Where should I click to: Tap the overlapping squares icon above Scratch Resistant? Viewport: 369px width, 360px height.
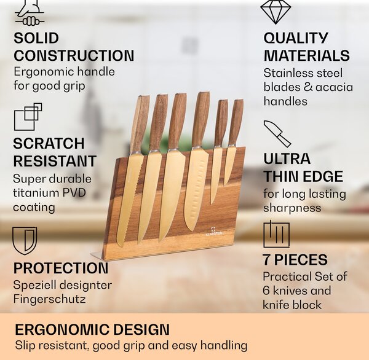(28, 117)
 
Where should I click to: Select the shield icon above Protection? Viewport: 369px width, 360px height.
(25, 241)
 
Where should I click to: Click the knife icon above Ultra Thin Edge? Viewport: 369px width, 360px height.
(277, 134)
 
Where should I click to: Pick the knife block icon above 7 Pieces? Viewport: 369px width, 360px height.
(276, 234)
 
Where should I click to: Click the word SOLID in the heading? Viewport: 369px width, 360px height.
(36, 38)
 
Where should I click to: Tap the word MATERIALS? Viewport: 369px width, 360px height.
(306, 55)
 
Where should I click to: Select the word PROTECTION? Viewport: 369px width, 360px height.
(61, 268)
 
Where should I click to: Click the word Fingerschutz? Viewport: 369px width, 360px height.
(49, 299)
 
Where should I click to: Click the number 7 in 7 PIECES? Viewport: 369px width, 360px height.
(266, 260)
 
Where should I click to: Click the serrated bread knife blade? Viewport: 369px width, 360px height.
(129, 200)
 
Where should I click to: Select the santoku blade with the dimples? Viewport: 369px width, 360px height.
(196, 188)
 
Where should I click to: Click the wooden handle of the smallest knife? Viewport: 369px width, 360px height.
(236, 122)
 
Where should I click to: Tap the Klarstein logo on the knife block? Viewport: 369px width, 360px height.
(213, 231)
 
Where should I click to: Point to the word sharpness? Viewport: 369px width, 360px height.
(292, 208)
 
